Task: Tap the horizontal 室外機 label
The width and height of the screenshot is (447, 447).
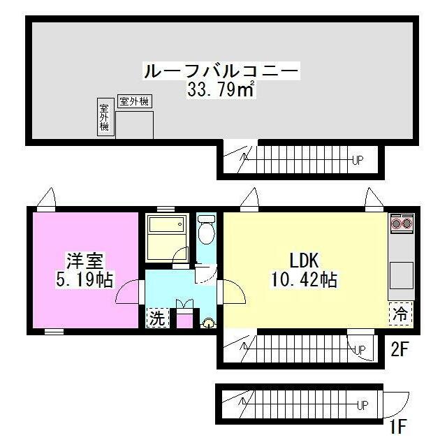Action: (x=134, y=102)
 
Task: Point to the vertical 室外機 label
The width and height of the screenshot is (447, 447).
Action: (x=104, y=117)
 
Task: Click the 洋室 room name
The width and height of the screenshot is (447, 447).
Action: (x=85, y=263)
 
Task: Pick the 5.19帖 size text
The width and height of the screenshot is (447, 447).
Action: (x=86, y=280)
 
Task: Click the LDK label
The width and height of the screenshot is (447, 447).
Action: (x=304, y=261)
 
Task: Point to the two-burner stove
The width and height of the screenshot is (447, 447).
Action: (x=402, y=223)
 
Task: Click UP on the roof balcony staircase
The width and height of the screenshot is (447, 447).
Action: (x=357, y=160)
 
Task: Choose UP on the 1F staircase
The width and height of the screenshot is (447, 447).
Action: (x=362, y=405)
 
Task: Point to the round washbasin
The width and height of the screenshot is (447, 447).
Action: (x=207, y=323)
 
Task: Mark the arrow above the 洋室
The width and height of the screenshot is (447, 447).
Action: (x=47, y=198)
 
